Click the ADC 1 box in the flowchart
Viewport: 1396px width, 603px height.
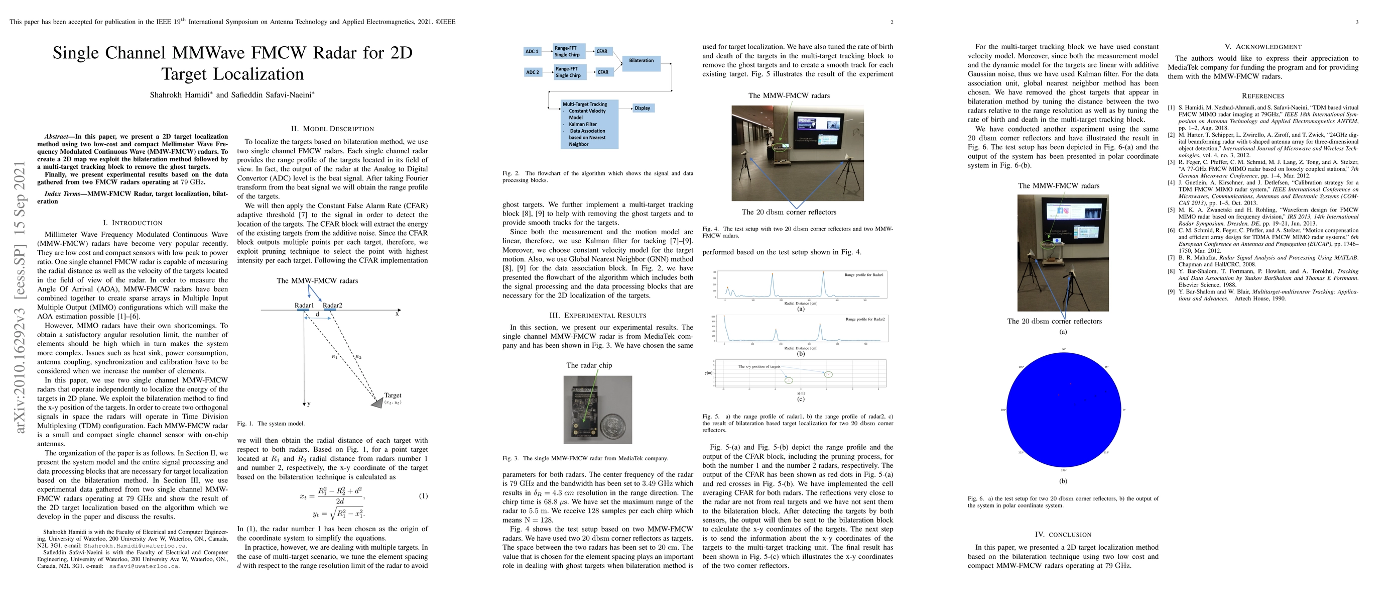532,52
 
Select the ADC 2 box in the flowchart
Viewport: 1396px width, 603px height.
533,72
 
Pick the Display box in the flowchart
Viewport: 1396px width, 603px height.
642,108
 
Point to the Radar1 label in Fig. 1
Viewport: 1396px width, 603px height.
304,306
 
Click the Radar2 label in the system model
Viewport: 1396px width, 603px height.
332,306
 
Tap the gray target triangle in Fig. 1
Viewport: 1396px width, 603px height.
376,403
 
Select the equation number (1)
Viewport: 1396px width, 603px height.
423,495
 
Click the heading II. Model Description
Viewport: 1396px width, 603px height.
332,129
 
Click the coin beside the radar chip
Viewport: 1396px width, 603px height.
614,424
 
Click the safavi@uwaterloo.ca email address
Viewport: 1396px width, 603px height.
144,566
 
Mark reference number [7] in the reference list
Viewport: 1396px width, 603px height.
1171,258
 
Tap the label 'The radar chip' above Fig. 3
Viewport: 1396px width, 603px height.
589,365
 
